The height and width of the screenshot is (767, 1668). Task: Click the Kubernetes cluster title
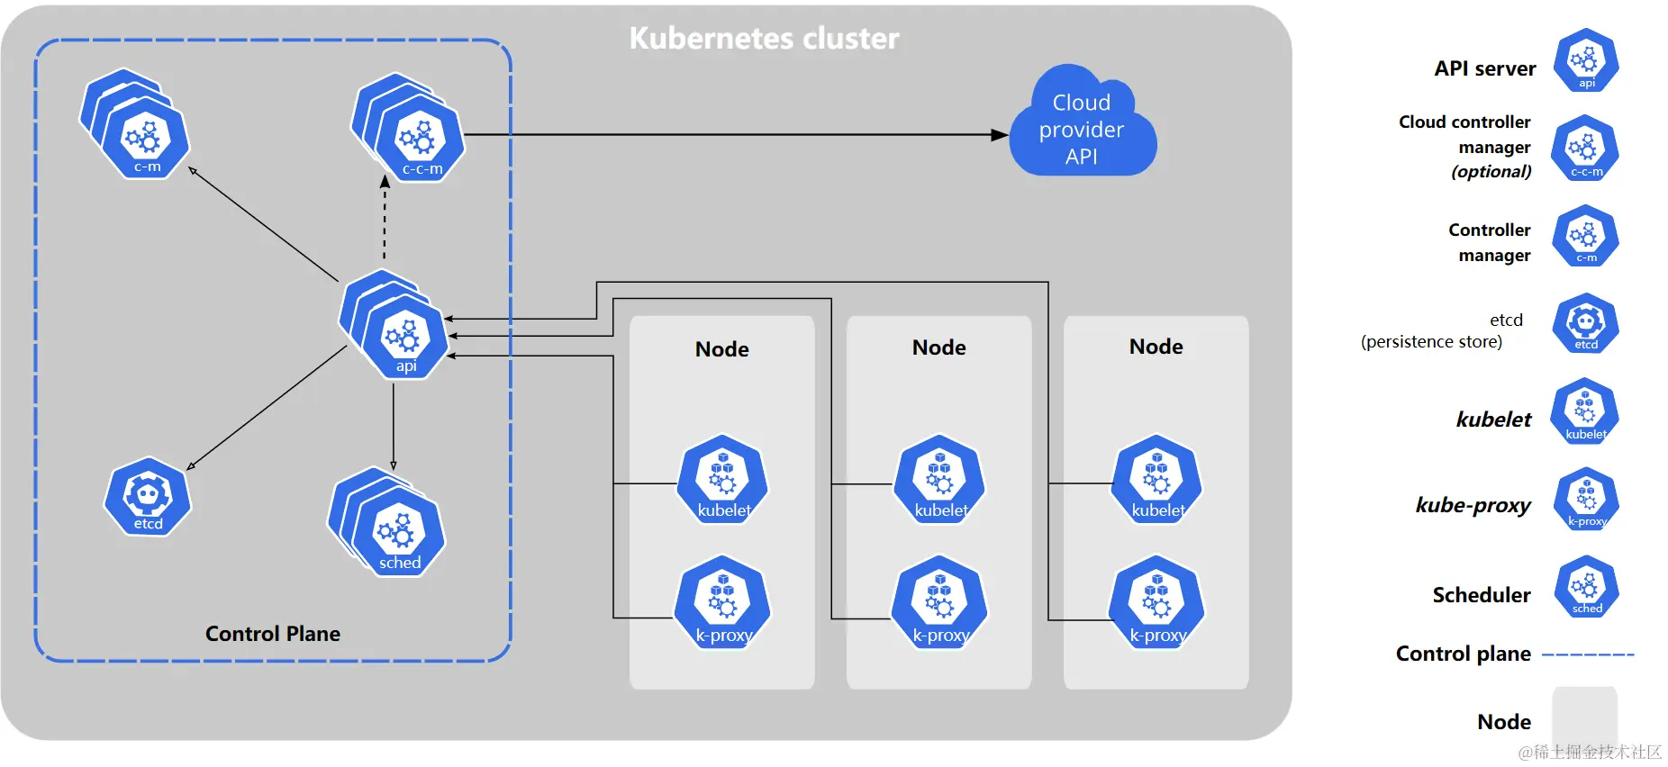(x=764, y=38)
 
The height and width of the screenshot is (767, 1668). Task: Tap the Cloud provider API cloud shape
(x=1082, y=126)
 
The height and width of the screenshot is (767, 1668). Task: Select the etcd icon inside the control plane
(x=148, y=497)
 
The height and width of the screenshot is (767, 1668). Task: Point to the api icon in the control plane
(x=404, y=337)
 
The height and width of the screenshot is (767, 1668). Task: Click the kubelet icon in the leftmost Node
(x=723, y=480)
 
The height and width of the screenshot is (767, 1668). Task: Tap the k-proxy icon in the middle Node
(x=939, y=603)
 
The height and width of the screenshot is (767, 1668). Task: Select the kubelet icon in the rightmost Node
(x=1157, y=480)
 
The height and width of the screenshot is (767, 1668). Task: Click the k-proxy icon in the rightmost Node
(x=1157, y=603)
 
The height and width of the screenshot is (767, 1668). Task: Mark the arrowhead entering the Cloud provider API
(x=1000, y=135)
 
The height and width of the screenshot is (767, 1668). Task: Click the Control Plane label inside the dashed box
(x=272, y=634)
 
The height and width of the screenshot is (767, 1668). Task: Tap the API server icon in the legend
(x=1586, y=60)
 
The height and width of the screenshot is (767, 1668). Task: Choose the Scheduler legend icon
(x=1586, y=588)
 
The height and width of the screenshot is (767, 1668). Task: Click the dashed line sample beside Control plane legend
(x=1588, y=654)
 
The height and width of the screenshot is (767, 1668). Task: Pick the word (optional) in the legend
(x=1491, y=172)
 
